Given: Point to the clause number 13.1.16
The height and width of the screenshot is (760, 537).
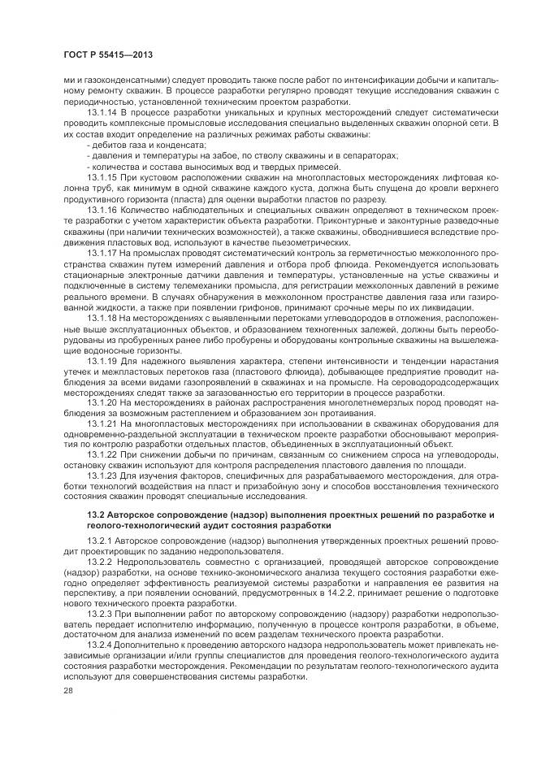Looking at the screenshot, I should [x=102, y=208].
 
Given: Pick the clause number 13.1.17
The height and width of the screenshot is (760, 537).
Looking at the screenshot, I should [x=102, y=252].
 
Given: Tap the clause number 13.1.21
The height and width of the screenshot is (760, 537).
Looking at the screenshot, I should [x=102, y=423].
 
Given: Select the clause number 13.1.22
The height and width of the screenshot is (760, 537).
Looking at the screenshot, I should [x=102, y=456].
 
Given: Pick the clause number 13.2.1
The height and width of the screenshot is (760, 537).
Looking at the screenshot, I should [x=99, y=541].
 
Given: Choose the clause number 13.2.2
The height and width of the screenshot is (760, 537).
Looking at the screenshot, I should [x=99, y=562].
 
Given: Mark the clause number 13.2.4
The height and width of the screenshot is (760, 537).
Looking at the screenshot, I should [x=99, y=639].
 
